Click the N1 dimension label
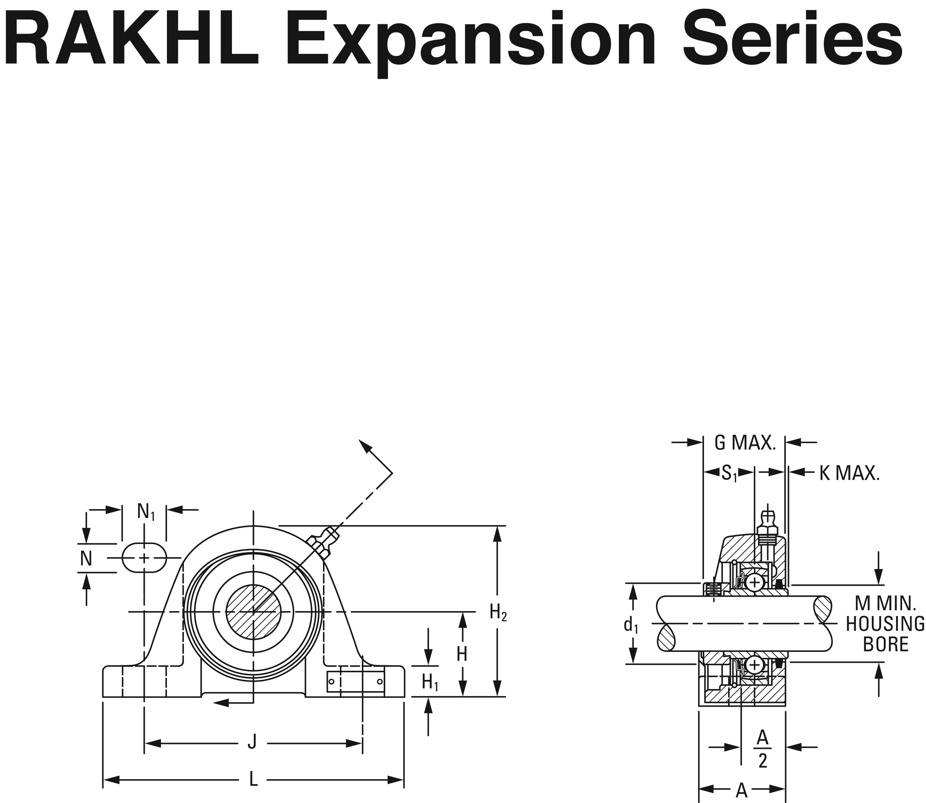tap(145, 512)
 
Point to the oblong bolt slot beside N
tap(144, 558)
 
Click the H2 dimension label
tap(498, 612)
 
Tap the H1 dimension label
tap(430, 682)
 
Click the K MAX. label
tap(849, 474)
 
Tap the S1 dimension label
tap(729, 473)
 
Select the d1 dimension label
tap(630, 625)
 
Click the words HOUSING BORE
tap(885, 634)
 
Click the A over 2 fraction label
tap(763, 756)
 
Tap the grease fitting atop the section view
tap(768, 525)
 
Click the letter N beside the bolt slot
tap(86, 559)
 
